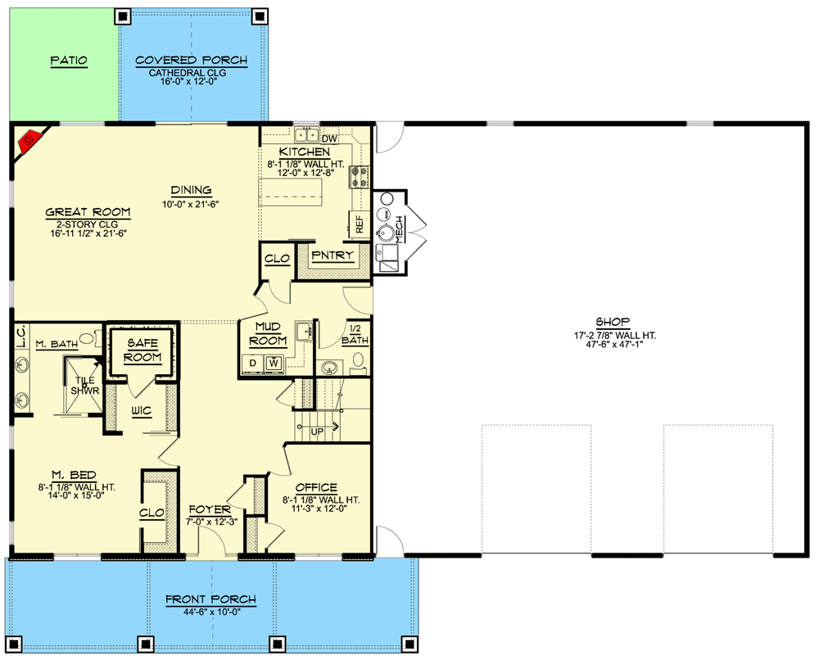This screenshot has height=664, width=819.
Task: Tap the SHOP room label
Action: click(612, 322)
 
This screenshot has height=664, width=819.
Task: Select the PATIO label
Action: click(69, 61)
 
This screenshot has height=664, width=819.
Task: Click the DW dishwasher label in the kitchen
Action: click(329, 138)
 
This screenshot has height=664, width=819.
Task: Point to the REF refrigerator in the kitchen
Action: click(360, 224)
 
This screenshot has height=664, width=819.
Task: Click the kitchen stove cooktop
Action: click(359, 177)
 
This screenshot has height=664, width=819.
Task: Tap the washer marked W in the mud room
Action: click(274, 362)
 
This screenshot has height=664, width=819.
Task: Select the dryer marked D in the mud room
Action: click(253, 363)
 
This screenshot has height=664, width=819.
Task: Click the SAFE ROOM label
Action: click(143, 350)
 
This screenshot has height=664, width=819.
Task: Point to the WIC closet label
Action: click(141, 411)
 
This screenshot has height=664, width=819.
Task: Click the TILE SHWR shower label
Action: click(84, 386)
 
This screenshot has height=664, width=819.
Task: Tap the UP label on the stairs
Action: click(317, 431)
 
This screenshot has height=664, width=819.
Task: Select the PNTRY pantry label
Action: click(333, 255)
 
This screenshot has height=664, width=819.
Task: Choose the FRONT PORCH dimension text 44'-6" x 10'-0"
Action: click(211, 612)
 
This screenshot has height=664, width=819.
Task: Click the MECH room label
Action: click(399, 229)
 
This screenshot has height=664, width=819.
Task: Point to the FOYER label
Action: click(210, 509)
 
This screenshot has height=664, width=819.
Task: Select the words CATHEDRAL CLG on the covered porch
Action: click(188, 73)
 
